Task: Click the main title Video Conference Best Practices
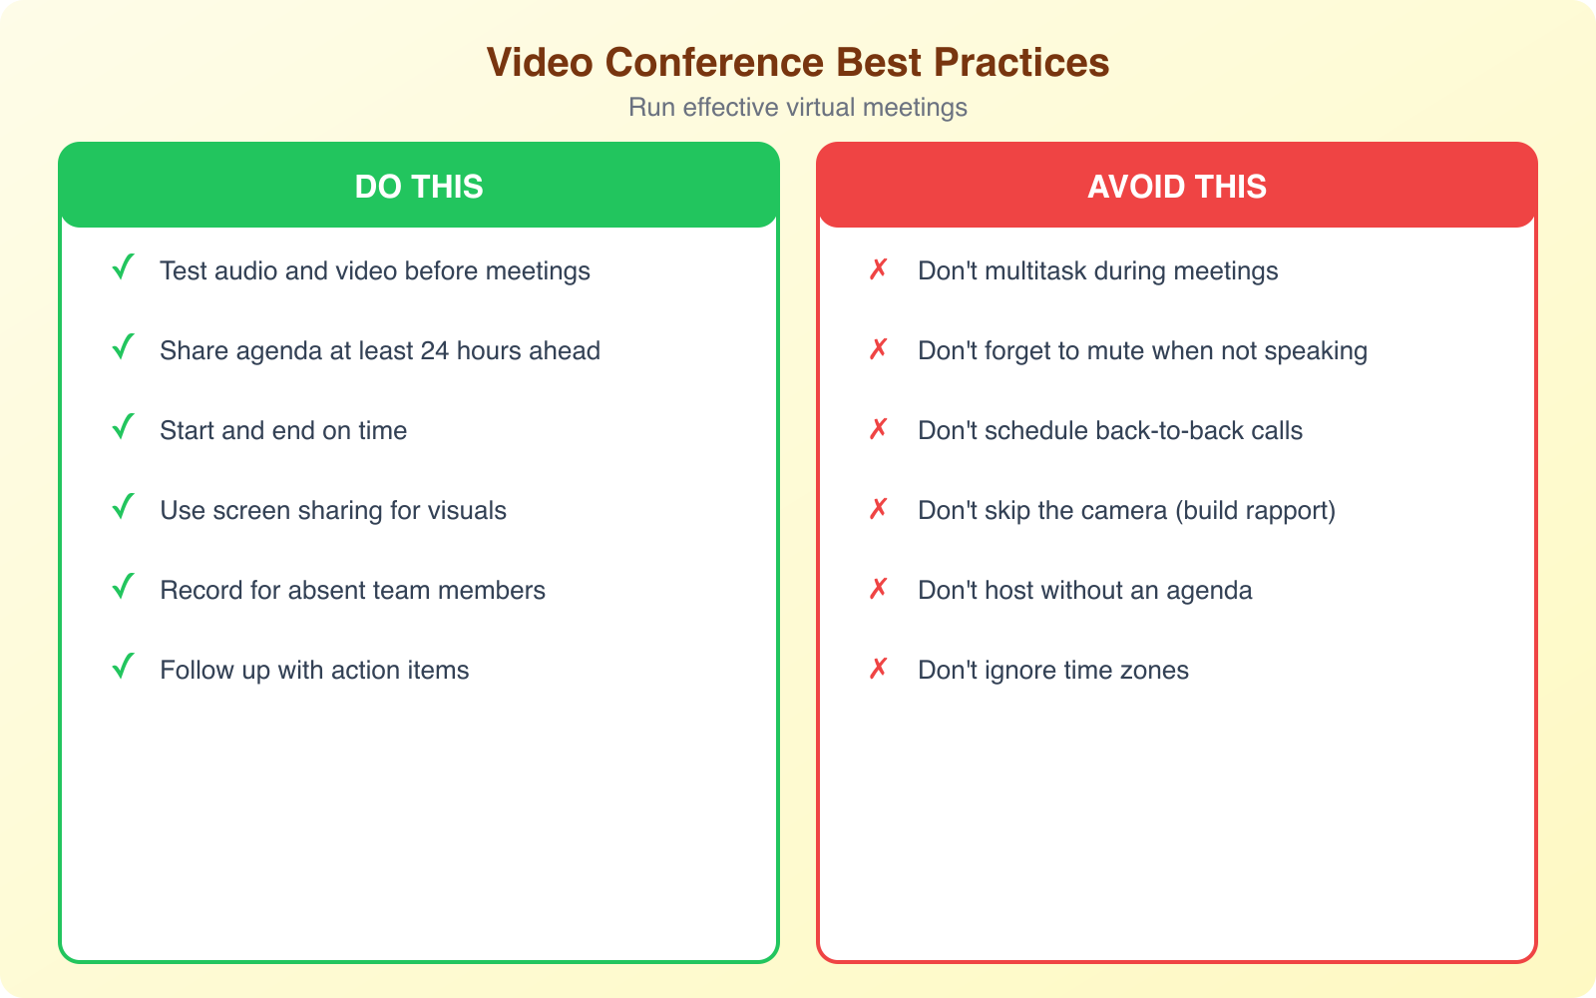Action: (x=798, y=62)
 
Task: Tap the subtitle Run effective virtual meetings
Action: (x=798, y=108)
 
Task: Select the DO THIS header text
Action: (x=419, y=187)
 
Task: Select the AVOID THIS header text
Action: (x=1177, y=187)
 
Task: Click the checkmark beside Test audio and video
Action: (x=123, y=268)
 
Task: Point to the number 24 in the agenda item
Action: (x=434, y=351)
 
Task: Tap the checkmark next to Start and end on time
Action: (x=123, y=428)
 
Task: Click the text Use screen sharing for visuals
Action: (x=333, y=511)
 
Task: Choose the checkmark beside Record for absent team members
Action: (x=123, y=588)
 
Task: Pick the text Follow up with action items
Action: (x=314, y=671)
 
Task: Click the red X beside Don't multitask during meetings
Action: (x=878, y=269)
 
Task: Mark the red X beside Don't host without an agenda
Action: (x=878, y=589)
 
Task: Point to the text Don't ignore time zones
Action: (x=1053, y=671)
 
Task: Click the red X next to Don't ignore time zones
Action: (x=878, y=669)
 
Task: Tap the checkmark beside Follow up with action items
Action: (x=123, y=668)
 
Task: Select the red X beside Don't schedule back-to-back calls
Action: (x=878, y=429)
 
